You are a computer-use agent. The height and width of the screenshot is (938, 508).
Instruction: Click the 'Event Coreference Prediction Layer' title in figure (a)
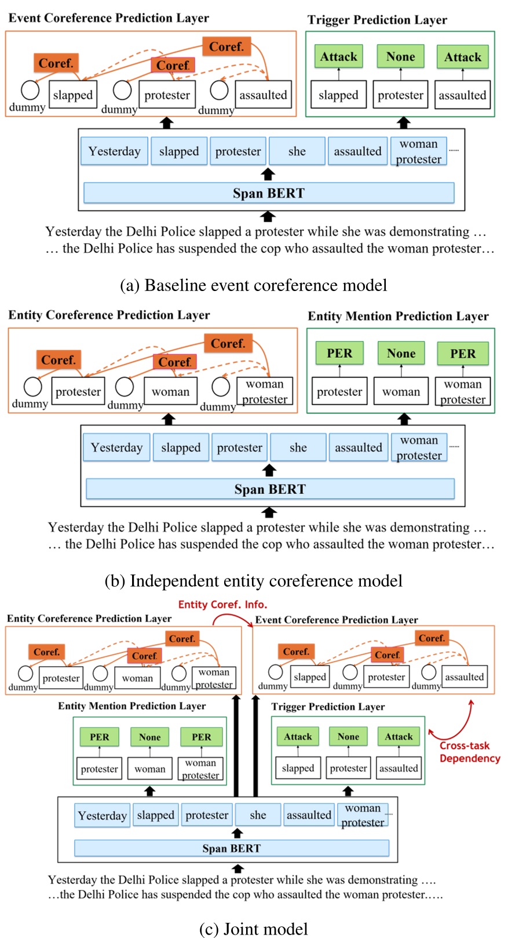[x=108, y=18]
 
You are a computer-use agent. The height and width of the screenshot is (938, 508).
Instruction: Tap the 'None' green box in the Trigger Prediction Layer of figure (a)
[x=400, y=57]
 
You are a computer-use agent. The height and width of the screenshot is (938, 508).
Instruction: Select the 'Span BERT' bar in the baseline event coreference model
[x=268, y=193]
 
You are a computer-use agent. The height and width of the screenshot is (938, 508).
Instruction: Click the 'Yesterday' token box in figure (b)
[x=116, y=448]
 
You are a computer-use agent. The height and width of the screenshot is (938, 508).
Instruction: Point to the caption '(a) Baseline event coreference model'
[x=253, y=285]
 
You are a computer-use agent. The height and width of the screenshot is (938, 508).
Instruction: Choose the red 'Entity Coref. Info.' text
[x=222, y=604]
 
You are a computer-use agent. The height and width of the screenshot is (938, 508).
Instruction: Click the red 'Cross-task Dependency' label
[x=469, y=752]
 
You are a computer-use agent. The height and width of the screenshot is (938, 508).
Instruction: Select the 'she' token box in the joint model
[x=258, y=815]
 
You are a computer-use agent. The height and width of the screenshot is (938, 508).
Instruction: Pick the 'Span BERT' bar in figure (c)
[x=231, y=848]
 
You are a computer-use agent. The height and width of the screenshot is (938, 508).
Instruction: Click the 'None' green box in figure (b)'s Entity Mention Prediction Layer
[x=401, y=354]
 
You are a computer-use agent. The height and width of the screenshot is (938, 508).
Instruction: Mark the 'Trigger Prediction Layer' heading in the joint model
[x=328, y=707]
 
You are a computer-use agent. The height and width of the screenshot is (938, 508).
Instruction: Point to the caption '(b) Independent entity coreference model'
[x=253, y=581]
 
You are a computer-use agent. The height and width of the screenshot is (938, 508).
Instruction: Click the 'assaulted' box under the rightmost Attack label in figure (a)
[x=462, y=95]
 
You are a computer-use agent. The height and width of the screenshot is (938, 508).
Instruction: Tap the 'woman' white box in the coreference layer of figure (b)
[x=170, y=392]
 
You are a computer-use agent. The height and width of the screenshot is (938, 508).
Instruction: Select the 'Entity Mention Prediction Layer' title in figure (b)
[x=398, y=316]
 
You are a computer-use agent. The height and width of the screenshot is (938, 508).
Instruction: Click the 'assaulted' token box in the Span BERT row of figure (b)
[x=358, y=448]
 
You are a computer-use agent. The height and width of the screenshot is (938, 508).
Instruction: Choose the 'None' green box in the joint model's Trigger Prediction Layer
[x=348, y=737]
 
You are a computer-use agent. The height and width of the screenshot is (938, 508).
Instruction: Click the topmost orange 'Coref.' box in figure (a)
[x=226, y=46]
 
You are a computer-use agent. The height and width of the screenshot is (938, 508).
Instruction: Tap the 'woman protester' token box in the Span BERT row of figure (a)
[x=418, y=151]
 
